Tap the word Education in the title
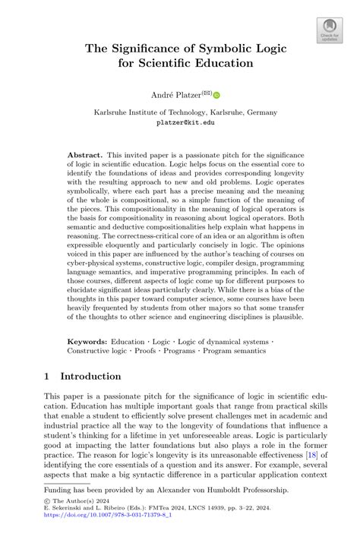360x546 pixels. (219, 64)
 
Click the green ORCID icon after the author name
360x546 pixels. (216, 96)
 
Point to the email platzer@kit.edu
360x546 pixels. (180, 122)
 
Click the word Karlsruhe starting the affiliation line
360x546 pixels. (115, 110)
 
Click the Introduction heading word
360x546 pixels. (90, 377)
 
